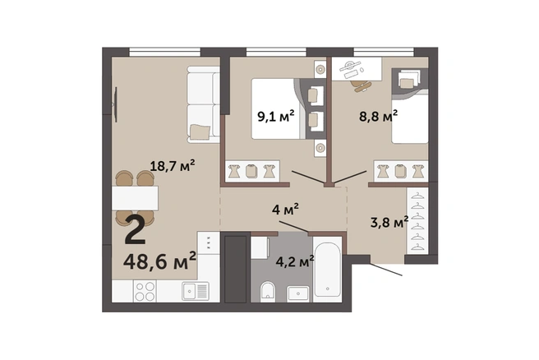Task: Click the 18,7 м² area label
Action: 173,166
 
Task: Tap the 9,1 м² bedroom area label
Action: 276,117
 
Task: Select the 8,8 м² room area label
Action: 379,116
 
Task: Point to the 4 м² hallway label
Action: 285,209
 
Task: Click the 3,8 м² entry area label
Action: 389,222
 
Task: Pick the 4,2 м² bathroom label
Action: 295,261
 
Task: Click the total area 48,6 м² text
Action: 160,261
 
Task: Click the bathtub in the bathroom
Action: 328,270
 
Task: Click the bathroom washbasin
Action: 298,293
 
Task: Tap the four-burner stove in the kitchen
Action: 145,291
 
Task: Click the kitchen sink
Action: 196,291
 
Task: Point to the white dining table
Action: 135,198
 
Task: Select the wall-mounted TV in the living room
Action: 115,104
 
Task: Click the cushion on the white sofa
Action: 200,132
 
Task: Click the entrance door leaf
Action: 386,270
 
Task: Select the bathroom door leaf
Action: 293,227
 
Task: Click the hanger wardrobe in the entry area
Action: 417,221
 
